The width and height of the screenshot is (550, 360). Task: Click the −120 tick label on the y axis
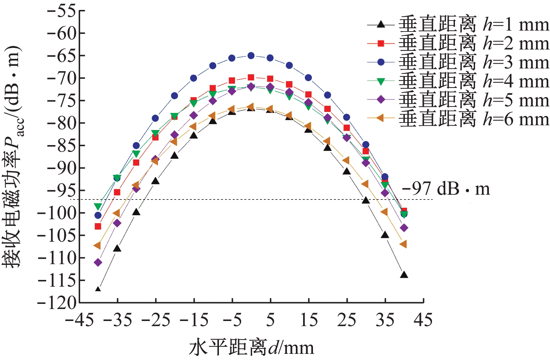pyautogui.click(x=57, y=303)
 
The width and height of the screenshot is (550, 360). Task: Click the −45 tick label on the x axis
pyautogui.click(x=79, y=320)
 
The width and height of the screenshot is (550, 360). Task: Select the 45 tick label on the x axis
pyautogui.click(x=423, y=320)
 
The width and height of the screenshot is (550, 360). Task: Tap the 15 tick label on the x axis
pyautogui.click(x=309, y=320)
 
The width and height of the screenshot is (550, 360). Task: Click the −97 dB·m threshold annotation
pyautogui.click(x=446, y=189)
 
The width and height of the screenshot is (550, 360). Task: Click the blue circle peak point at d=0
pyautogui.click(x=251, y=55)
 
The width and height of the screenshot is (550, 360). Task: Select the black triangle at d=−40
pyautogui.click(x=98, y=290)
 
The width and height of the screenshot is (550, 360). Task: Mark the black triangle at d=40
pyautogui.click(x=404, y=274)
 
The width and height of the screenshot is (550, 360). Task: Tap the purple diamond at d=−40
pyautogui.click(x=98, y=262)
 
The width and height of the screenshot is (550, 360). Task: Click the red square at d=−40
pyautogui.click(x=98, y=226)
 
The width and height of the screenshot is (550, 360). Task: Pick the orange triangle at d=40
pyautogui.click(x=403, y=244)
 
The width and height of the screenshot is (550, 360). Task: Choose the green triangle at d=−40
pyautogui.click(x=98, y=207)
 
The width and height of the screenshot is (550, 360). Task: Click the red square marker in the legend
pyautogui.click(x=381, y=43)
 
